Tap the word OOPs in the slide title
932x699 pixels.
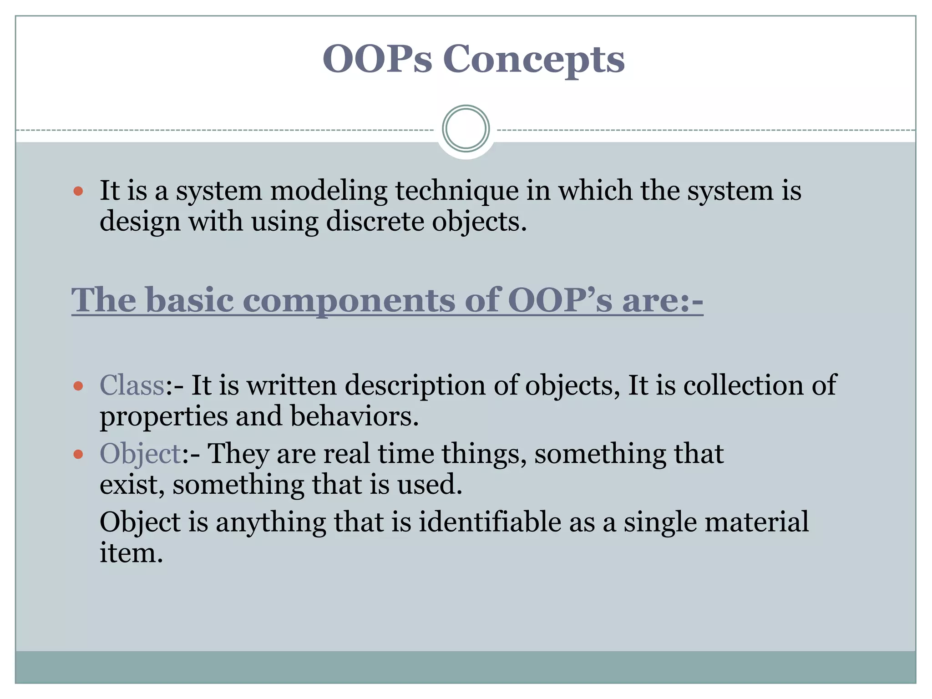[377, 59]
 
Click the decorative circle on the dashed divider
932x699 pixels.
[466, 129]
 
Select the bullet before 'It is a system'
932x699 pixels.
[78, 191]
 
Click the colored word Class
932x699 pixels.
[132, 385]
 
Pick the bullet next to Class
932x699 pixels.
[78, 386]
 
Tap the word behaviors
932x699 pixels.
[354, 416]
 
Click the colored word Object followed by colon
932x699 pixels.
[141, 454]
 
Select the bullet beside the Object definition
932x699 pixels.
[78, 454]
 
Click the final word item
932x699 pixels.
[131, 553]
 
